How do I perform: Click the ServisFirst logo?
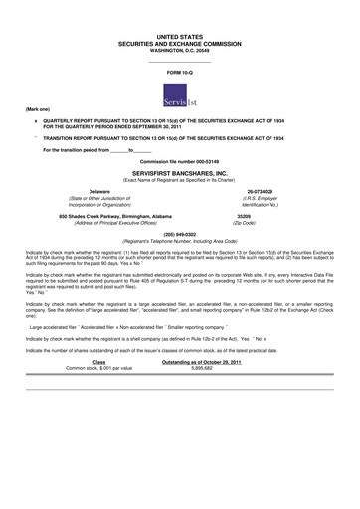point(179,95)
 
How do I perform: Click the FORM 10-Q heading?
point(180,74)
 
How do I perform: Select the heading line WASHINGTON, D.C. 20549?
point(180,50)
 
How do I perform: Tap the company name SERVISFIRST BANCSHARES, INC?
point(180,172)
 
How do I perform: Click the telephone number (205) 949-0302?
point(180,234)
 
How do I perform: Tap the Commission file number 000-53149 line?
point(180,160)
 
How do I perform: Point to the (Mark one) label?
point(38,107)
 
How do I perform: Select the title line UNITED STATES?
point(180,36)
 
